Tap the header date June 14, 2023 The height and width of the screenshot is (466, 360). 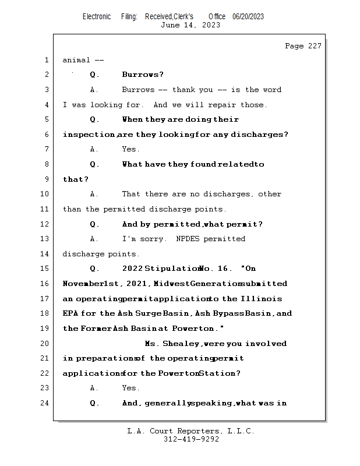(190, 25)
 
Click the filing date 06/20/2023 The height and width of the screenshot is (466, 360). (248, 16)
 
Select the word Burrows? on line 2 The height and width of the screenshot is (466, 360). (143, 75)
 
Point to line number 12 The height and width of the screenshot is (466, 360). (45, 224)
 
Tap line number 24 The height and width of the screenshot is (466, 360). (45, 403)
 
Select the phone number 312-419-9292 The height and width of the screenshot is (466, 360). (191, 439)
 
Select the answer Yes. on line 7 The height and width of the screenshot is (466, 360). (130, 149)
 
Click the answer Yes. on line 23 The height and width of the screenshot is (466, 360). (130, 388)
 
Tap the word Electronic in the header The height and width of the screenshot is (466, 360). (97, 16)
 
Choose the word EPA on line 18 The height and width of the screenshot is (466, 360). (70, 313)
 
